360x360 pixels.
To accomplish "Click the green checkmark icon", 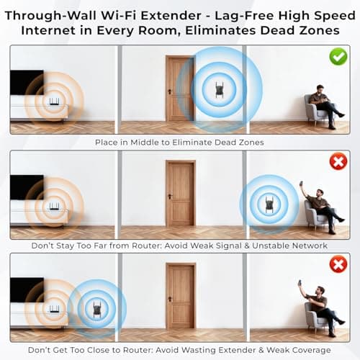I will [x=338, y=56].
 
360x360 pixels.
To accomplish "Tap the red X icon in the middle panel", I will [x=338, y=162].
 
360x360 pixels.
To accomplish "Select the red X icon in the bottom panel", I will [x=338, y=266].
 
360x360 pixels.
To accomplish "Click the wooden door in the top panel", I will [x=179, y=88].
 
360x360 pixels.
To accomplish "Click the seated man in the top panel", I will [x=323, y=106].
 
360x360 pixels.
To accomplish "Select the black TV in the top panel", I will [x=27, y=82].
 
